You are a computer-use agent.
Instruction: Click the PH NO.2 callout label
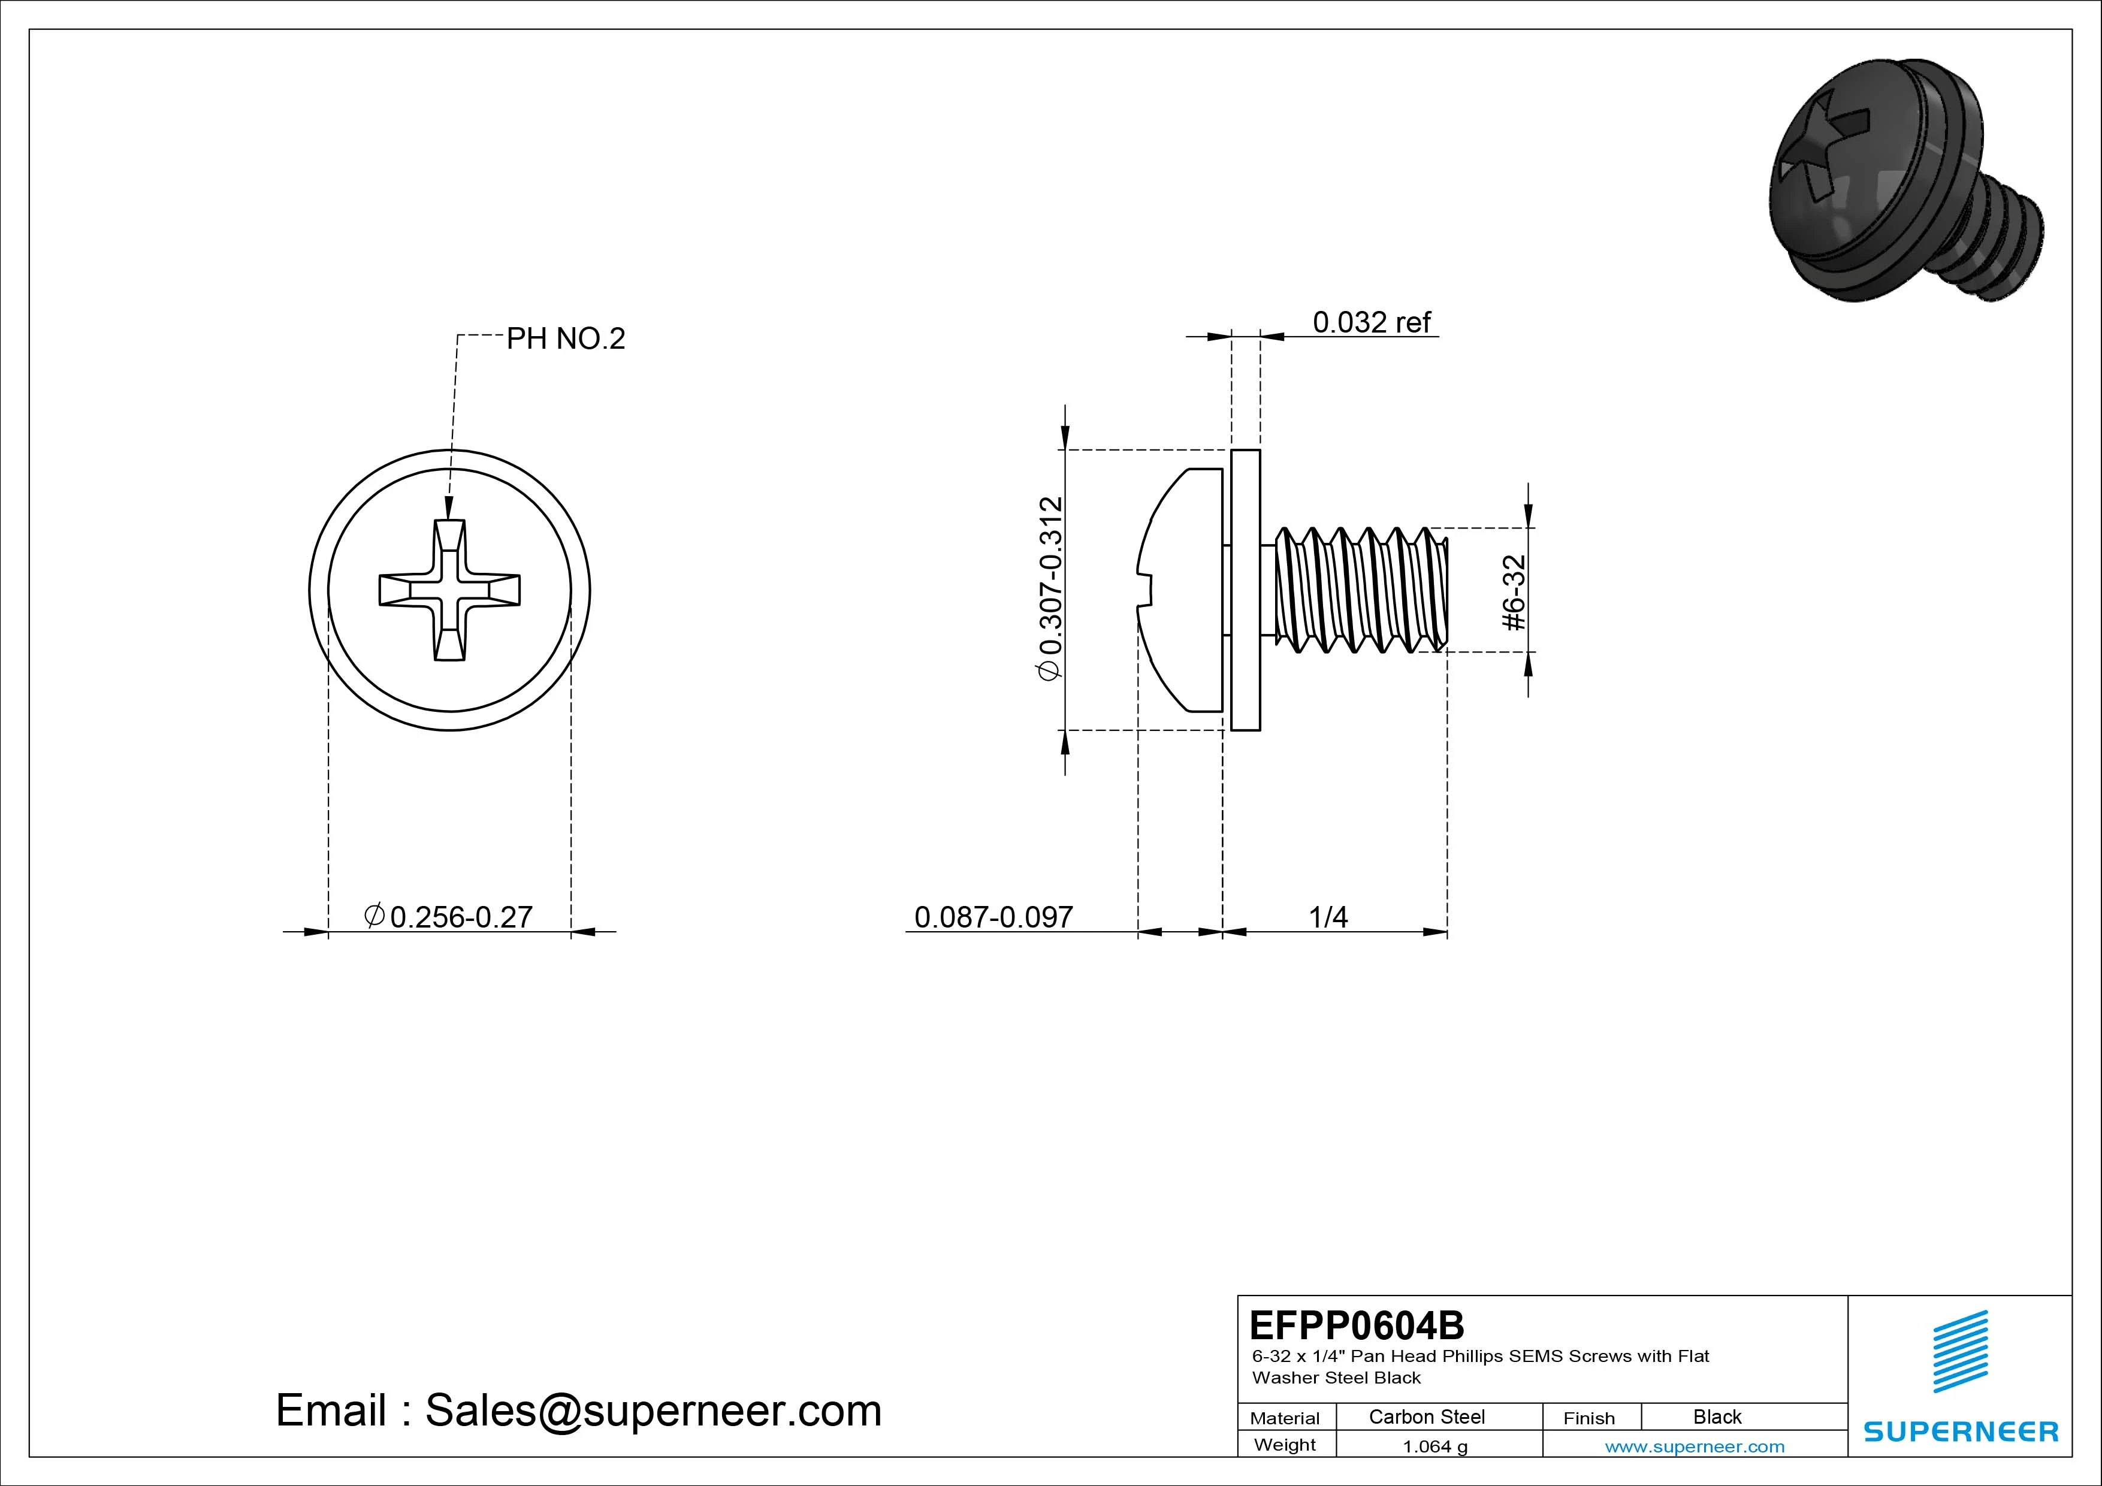click(565, 339)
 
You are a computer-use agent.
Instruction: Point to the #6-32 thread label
click(1514, 593)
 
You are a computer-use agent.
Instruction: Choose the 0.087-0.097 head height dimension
click(993, 917)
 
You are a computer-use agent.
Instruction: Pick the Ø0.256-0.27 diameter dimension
click(449, 917)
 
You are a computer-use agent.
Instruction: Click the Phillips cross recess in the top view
click(449, 591)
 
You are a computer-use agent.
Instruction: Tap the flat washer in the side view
click(1245, 591)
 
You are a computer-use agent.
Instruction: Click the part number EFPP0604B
click(1356, 1325)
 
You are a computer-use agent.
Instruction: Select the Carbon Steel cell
click(1426, 1416)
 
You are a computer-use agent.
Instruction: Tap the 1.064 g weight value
click(1434, 1446)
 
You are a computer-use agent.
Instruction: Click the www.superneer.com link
click(1695, 1446)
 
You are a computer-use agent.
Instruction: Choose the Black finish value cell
click(1717, 1416)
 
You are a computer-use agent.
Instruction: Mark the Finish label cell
click(1588, 1417)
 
